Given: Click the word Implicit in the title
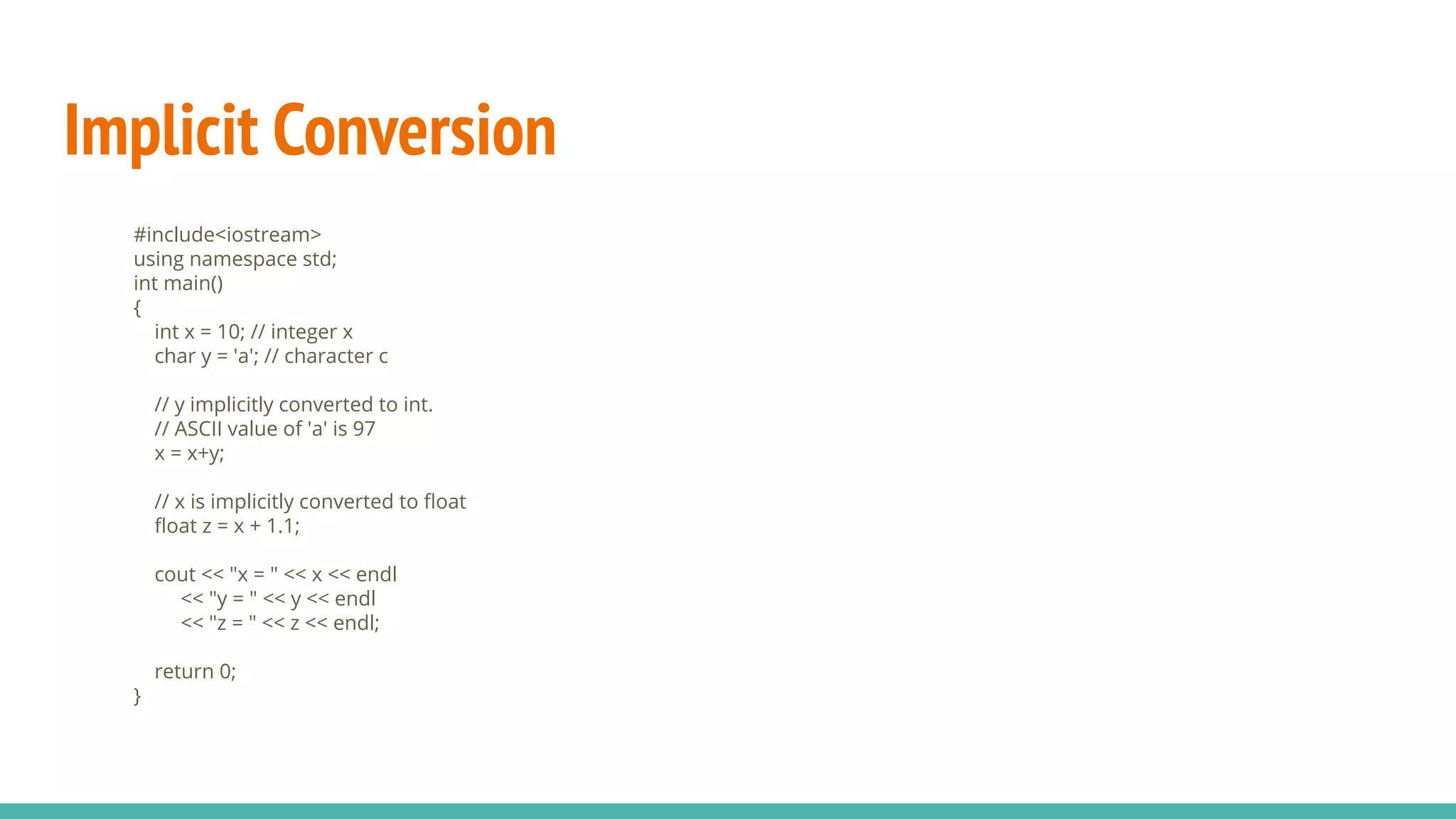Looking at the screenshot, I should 161,131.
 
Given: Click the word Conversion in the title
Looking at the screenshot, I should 414,131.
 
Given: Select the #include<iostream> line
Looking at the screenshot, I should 227,235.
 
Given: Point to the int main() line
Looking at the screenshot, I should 178,283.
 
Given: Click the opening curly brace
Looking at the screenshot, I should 137,308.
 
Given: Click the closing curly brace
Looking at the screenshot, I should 137,695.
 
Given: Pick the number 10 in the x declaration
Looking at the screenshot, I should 228,332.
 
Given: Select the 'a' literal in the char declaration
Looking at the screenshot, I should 243,356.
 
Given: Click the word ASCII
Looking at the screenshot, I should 198,429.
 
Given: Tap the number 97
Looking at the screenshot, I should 364,429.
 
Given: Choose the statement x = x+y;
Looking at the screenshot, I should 189,453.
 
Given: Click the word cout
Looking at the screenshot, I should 175,574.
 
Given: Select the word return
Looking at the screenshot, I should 184,671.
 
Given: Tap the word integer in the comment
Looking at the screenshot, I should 304,332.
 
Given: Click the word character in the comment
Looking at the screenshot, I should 328,356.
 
